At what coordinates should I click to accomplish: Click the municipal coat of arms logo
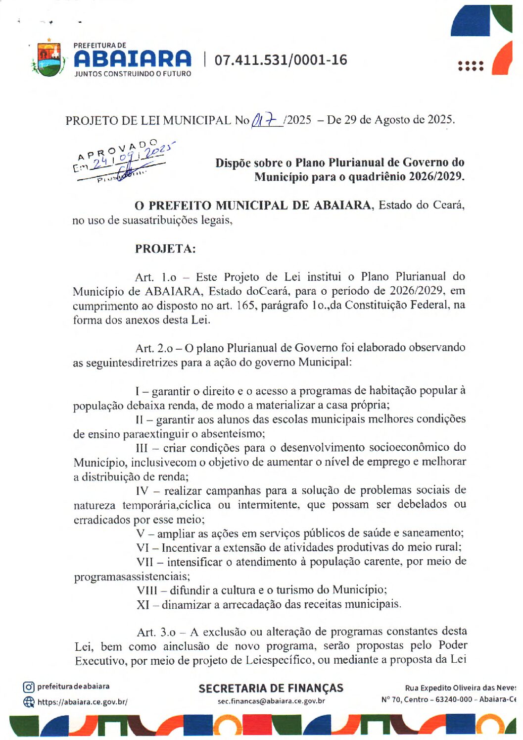pyautogui.click(x=48, y=58)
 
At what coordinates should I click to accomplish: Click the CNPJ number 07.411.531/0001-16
pyautogui.click(x=281, y=60)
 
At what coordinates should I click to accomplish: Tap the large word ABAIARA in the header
pyautogui.click(x=132, y=59)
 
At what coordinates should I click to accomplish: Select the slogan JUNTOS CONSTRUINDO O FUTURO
pyautogui.click(x=133, y=74)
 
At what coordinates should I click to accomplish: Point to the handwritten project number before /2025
pyautogui.click(x=266, y=119)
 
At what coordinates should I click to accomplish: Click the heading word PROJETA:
pyautogui.click(x=165, y=249)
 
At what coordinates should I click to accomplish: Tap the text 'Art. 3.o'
pyautogui.click(x=156, y=633)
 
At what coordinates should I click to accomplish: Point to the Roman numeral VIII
pyautogui.click(x=147, y=590)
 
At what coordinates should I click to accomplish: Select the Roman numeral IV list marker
pyautogui.click(x=142, y=491)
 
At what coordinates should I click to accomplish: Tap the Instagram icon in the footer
pyautogui.click(x=29, y=687)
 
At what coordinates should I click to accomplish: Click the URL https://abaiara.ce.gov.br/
pyautogui.click(x=82, y=702)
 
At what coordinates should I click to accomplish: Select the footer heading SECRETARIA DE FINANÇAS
pyautogui.click(x=271, y=688)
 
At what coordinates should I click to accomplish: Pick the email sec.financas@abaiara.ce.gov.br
pyautogui.click(x=271, y=701)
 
